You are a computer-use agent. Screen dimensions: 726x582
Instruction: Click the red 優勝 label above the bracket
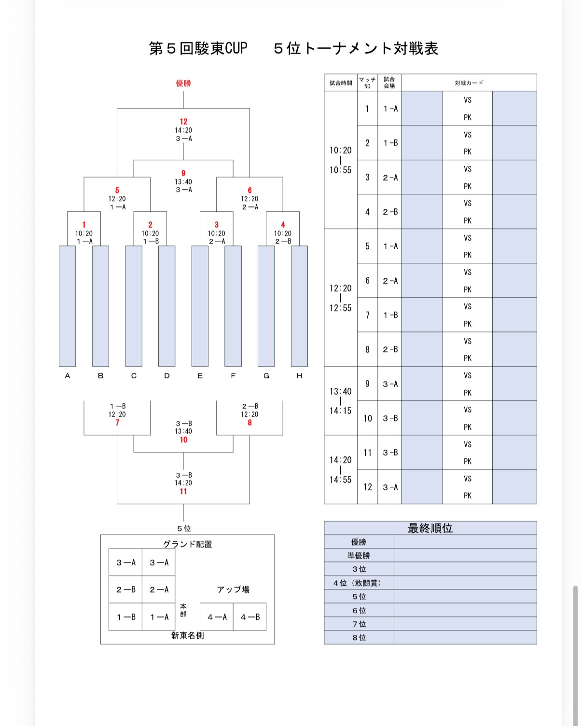pyautogui.click(x=183, y=83)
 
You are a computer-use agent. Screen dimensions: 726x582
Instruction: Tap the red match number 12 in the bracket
pyautogui.click(x=183, y=122)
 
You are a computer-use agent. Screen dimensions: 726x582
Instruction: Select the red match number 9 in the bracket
pyautogui.click(x=183, y=173)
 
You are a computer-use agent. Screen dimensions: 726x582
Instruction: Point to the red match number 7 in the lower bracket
pyautogui.click(x=117, y=423)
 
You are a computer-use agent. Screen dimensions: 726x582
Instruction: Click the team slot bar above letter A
pyautogui.click(x=68, y=306)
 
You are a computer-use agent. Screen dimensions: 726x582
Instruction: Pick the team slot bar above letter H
pyautogui.click(x=299, y=306)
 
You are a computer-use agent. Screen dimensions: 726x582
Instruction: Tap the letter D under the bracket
pyautogui.click(x=167, y=376)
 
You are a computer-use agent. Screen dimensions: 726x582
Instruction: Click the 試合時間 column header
pyautogui.click(x=341, y=83)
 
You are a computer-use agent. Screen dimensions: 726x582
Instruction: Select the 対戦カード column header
pyautogui.click(x=469, y=83)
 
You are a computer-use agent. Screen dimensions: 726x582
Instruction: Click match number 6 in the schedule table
pyautogui.click(x=367, y=280)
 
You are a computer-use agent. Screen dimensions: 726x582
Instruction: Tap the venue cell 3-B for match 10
pyautogui.click(x=390, y=418)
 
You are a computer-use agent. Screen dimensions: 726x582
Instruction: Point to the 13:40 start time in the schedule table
pyautogui.click(x=341, y=391)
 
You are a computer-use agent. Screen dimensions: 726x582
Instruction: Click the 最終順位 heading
pyautogui.click(x=430, y=528)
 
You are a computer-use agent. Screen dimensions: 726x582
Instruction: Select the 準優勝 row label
pyautogui.click(x=359, y=556)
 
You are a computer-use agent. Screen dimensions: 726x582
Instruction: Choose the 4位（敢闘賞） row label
pyautogui.click(x=359, y=583)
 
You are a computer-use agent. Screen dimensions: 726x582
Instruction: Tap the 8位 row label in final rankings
pyautogui.click(x=359, y=637)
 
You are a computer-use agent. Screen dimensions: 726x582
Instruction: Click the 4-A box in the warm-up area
pyautogui.click(x=217, y=617)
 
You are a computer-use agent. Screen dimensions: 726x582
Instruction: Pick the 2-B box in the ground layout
pyautogui.click(x=126, y=589)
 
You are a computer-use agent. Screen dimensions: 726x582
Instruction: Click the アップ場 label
pyautogui.click(x=233, y=589)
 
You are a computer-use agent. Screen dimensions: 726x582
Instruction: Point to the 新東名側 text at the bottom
pyautogui.click(x=187, y=635)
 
